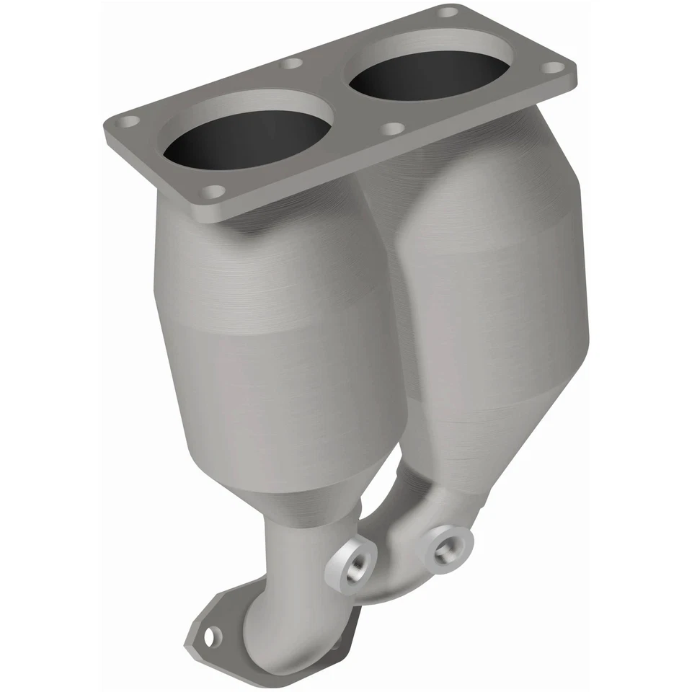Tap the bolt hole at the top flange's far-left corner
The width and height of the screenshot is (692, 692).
click(x=130, y=121)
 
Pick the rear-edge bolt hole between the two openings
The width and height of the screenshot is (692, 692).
click(x=291, y=63)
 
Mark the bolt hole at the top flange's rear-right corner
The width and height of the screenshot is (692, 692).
click(x=448, y=12)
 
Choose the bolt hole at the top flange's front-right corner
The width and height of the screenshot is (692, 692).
click(x=554, y=68)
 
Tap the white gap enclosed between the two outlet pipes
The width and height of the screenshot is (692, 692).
click(x=382, y=497)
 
